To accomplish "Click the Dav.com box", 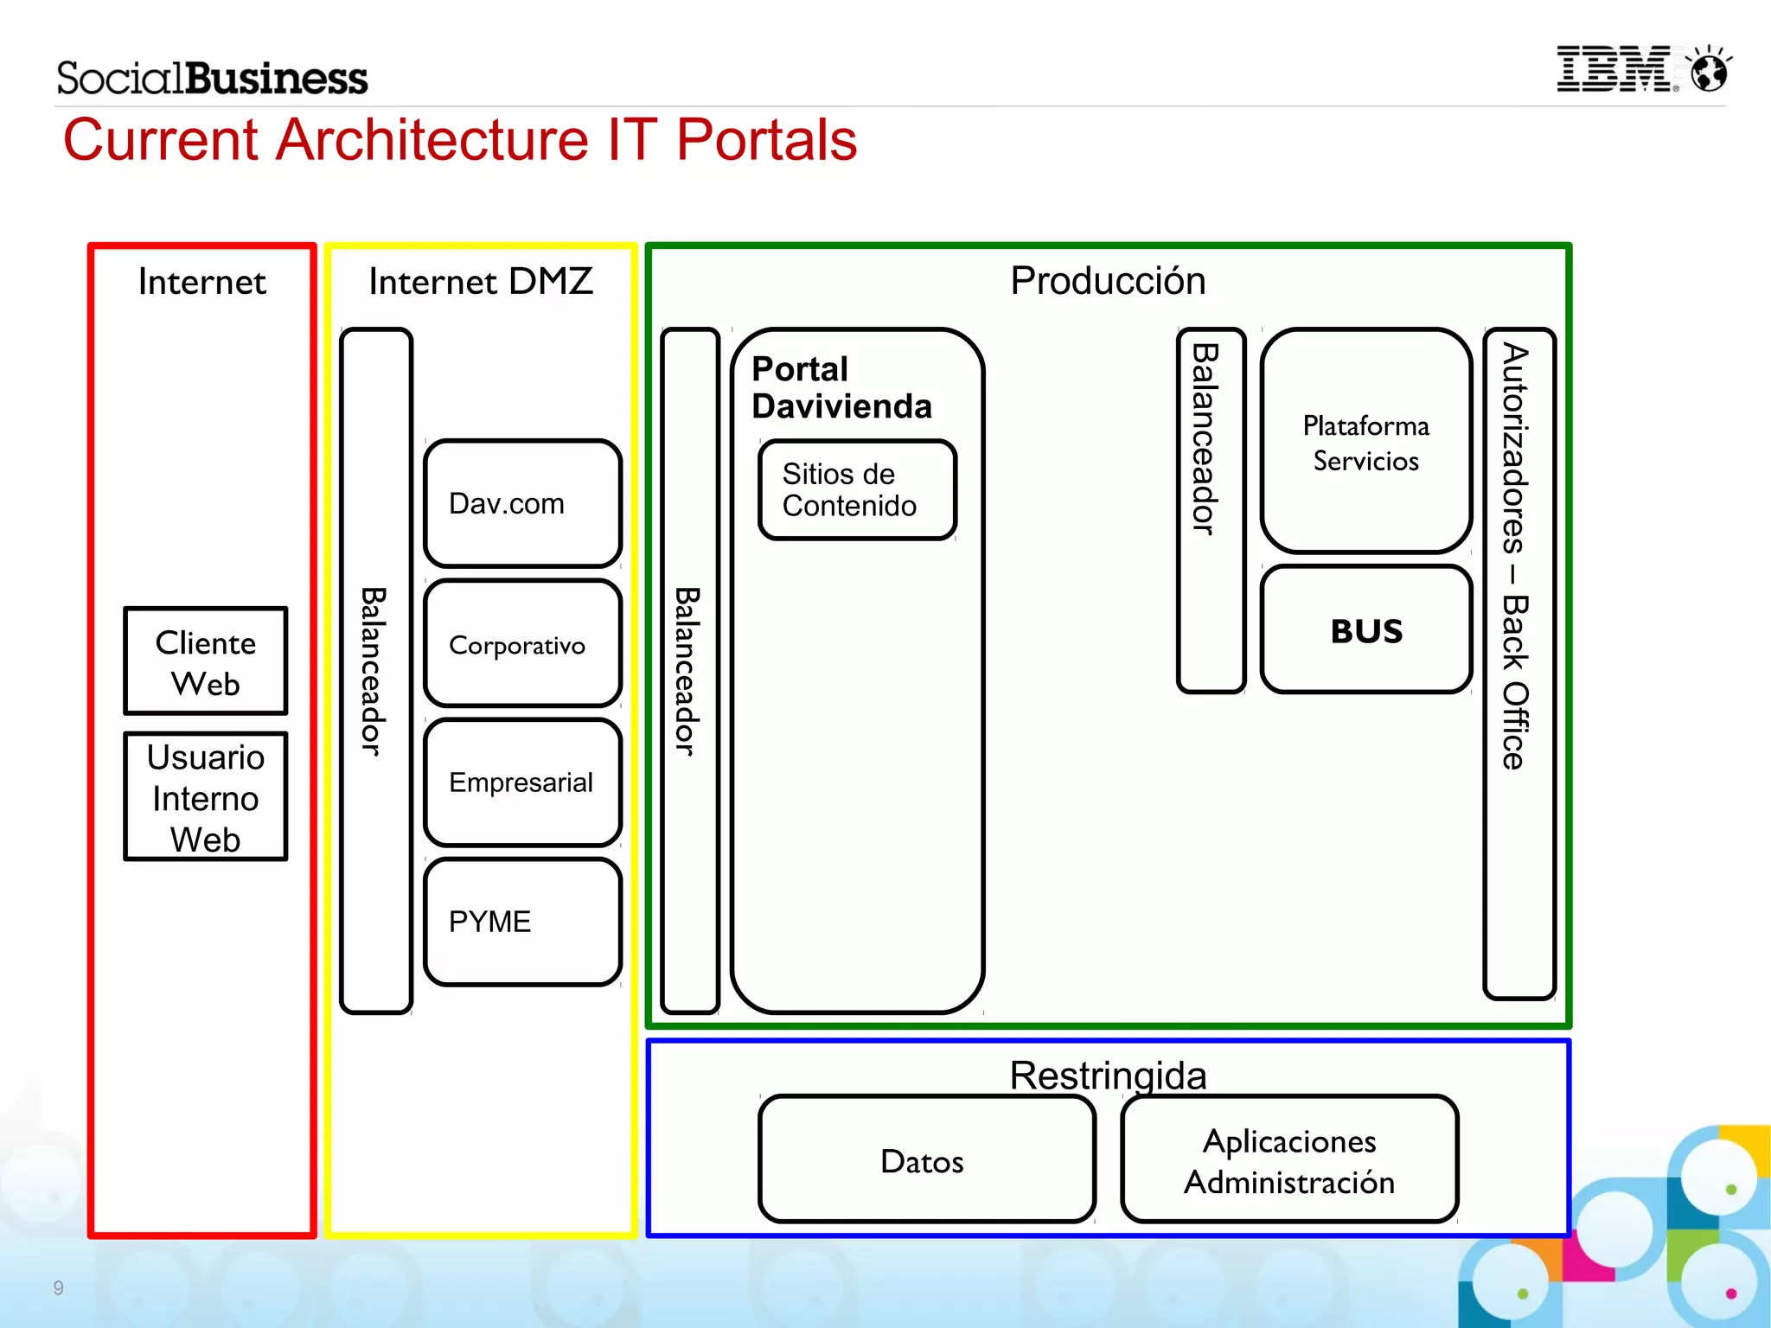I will coord(522,503).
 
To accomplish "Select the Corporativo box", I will coord(522,644).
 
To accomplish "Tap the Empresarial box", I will coord(522,782).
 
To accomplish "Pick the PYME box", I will coord(522,922).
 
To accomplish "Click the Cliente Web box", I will coord(205,661).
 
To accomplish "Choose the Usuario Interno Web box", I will coord(205,796).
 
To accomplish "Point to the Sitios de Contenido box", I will coord(857,490).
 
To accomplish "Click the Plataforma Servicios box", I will coord(1365,442).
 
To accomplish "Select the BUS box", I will coord(1365,630).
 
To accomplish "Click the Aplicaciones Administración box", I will coord(1288,1159).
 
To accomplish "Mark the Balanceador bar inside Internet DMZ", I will coord(375,670).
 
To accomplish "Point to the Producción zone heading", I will coord(1108,281).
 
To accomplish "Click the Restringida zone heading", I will coord(1108,1075).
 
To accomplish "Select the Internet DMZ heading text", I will coord(481,281).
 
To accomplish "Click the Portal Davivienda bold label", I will coord(841,387).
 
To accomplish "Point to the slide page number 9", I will coord(58,1287).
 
